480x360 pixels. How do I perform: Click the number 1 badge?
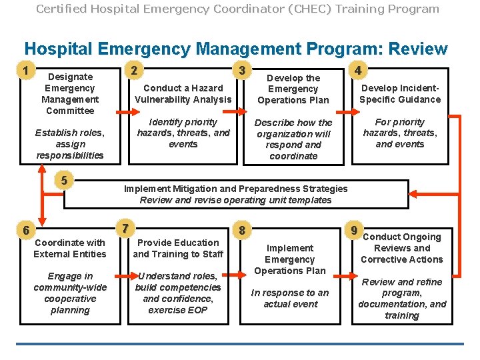click(26, 70)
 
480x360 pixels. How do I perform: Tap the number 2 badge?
click(134, 70)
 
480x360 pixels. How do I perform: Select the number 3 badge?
click(243, 70)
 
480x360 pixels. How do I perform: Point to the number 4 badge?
click(359, 70)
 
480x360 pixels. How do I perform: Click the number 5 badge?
click(63, 180)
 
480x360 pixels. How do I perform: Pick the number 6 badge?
click(26, 230)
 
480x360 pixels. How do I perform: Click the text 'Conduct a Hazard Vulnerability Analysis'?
click(183, 93)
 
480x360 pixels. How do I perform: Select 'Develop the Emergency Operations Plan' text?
click(293, 89)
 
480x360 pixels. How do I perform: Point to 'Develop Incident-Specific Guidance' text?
click(400, 93)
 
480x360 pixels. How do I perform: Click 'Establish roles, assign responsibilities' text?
click(70, 143)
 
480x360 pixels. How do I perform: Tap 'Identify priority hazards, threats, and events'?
click(183, 133)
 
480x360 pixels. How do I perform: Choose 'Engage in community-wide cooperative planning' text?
click(70, 293)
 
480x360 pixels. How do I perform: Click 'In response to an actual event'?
click(289, 298)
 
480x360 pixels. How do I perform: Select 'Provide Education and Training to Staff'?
click(178, 248)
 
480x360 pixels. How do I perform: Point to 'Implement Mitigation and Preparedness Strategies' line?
click(236, 189)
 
